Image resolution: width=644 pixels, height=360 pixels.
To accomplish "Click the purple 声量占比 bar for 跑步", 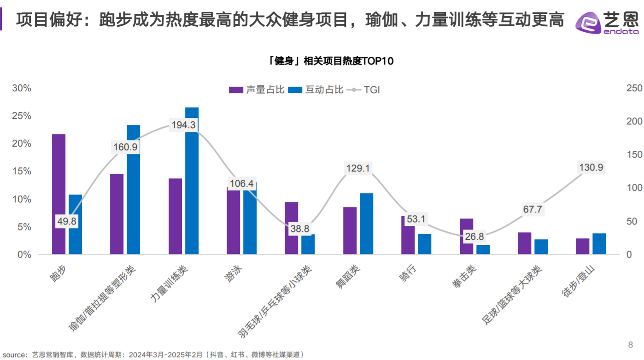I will click(x=59, y=194).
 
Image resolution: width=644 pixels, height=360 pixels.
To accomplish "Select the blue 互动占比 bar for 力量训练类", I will click(x=192, y=184).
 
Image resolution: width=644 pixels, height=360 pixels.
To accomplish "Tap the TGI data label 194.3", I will click(x=183, y=124).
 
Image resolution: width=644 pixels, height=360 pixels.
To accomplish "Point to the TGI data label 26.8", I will click(x=474, y=236).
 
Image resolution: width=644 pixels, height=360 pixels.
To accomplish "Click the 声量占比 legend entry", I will click(x=257, y=90).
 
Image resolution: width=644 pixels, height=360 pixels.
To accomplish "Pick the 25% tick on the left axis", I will click(x=22, y=116).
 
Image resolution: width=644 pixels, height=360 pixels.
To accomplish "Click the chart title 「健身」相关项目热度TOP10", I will click(x=331, y=61).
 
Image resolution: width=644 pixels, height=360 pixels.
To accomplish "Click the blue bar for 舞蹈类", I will click(x=366, y=224).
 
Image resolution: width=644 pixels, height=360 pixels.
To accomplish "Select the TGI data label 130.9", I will click(x=591, y=168).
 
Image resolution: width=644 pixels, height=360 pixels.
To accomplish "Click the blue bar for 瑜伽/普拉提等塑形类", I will click(x=133, y=189).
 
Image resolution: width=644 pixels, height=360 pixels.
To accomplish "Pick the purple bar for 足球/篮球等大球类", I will click(x=524, y=243).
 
